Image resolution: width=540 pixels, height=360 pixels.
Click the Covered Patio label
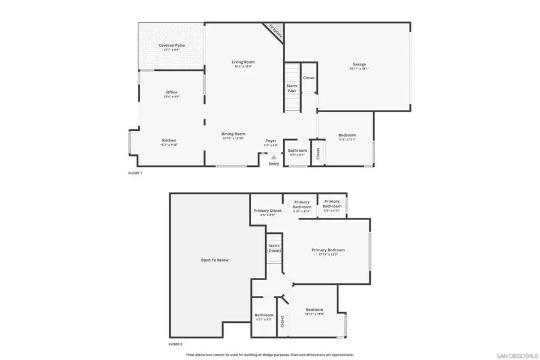[172, 46]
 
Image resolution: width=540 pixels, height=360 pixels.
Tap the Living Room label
[244, 62]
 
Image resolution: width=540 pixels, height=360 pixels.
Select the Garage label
[359, 65]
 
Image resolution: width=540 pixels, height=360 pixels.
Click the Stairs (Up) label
[292, 88]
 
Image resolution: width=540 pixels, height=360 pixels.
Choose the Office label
[172, 92]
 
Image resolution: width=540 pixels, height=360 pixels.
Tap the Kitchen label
[169, 140]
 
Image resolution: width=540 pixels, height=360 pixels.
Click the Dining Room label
[234, 134]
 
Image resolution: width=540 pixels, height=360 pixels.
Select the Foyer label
[272, 141]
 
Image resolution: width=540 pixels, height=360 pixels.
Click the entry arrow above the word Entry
[274, 157]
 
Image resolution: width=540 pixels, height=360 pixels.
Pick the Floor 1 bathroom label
[297, 151]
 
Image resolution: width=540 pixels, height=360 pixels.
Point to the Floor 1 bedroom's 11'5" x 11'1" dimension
[347, 140]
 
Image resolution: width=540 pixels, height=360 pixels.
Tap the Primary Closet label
[268, 211]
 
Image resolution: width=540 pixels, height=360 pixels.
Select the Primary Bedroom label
[328, 250]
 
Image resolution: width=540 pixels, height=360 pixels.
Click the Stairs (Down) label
[274, 248]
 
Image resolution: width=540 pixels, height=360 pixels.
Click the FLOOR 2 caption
[176, 344]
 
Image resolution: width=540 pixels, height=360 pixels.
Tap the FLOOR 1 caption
[135, 173]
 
